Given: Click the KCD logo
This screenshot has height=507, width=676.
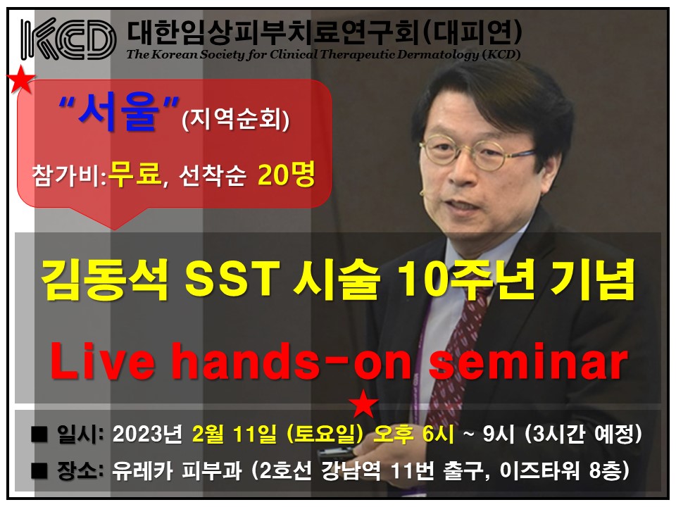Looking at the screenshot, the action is pyautogui.click(x=68, y=39).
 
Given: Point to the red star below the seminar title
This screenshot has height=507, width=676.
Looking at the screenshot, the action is pyautogui.click(x=363, y=403).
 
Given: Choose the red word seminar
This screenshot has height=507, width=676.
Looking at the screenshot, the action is pyautogui.click(x=528, y=361).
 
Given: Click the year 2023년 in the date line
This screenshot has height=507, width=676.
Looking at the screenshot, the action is pyautogui.click(x=148, y=434).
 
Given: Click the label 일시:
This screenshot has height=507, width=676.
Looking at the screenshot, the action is pyautogui.click(x=80, y=434).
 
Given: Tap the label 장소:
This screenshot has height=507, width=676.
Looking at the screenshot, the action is pyautogui.click(x=80, y=470).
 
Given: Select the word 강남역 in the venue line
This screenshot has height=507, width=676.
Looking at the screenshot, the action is pyautogui.click(x=351, y=470).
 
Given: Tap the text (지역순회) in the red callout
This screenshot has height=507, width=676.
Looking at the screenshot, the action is pyautogui.click(x=235, y=118).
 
